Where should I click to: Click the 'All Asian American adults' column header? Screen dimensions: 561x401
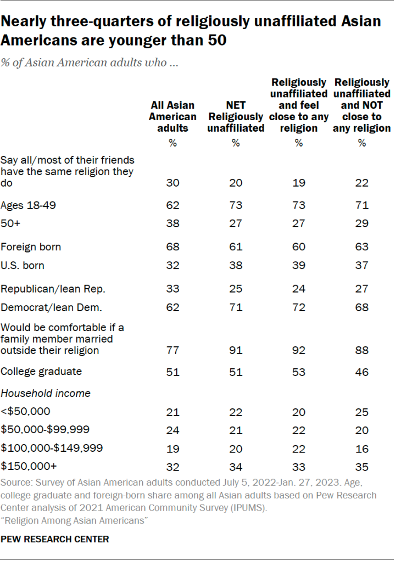pyautogui.click(x=172, y=116)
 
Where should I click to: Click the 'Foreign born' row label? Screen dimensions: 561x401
pyautogui.click(x=31, y=246)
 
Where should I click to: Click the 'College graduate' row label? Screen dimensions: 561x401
pyautogui.click(x=41, y=372)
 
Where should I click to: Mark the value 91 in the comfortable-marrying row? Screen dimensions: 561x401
pyautogui.click(x=236, y=350)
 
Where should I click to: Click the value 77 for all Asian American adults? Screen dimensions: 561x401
pyautogui.click(x=172, y=350)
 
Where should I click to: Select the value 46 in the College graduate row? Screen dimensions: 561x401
pyautogui.click(x=361, y=372)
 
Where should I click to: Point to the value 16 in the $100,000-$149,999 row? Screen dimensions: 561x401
pyautogui.click(x=361, y=448)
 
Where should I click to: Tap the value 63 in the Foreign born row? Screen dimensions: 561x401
pyautogui.click(x=361, y=246)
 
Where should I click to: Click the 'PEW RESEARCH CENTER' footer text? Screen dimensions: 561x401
pyautogui.click(x=55, y=539)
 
